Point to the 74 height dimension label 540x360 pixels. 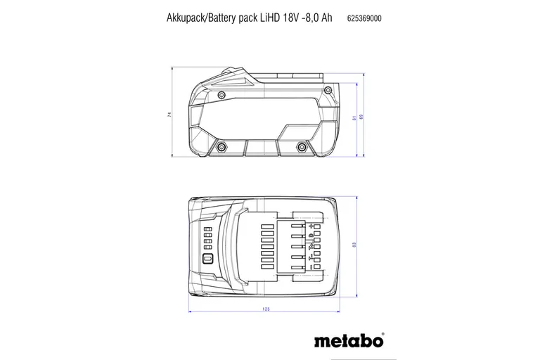pyautogui.click(x=169, y=115)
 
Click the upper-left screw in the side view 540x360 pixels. pyautogui.click(x=222, y=94)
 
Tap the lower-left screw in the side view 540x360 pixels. pyautogui.click(x=222, y=146)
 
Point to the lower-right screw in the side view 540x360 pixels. pyautogui.click(x=302, y=146)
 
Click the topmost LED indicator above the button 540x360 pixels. pyautogui.click(x=207, y=229)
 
